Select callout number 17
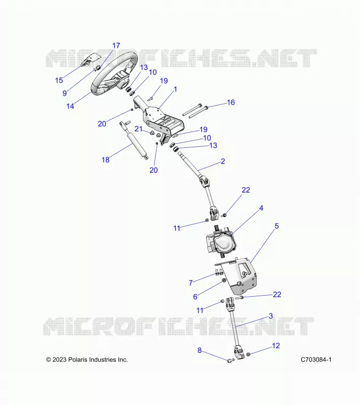tap(116, 46)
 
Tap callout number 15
tap(59, 80)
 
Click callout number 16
tap(230, 102)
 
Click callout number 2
tap(223, 161)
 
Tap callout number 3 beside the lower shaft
tap(271, 315)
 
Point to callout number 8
tap(199, 350)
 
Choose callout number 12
tap(276, 346)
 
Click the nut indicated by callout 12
tap(248, 354)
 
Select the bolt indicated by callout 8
tap(230, 360)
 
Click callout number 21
tap(139, 129)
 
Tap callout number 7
tap(190, 283)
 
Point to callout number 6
tap(195, 297)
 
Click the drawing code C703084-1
tap(316, 359)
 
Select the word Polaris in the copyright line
tap(78, 359)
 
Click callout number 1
tap(175, 90)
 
